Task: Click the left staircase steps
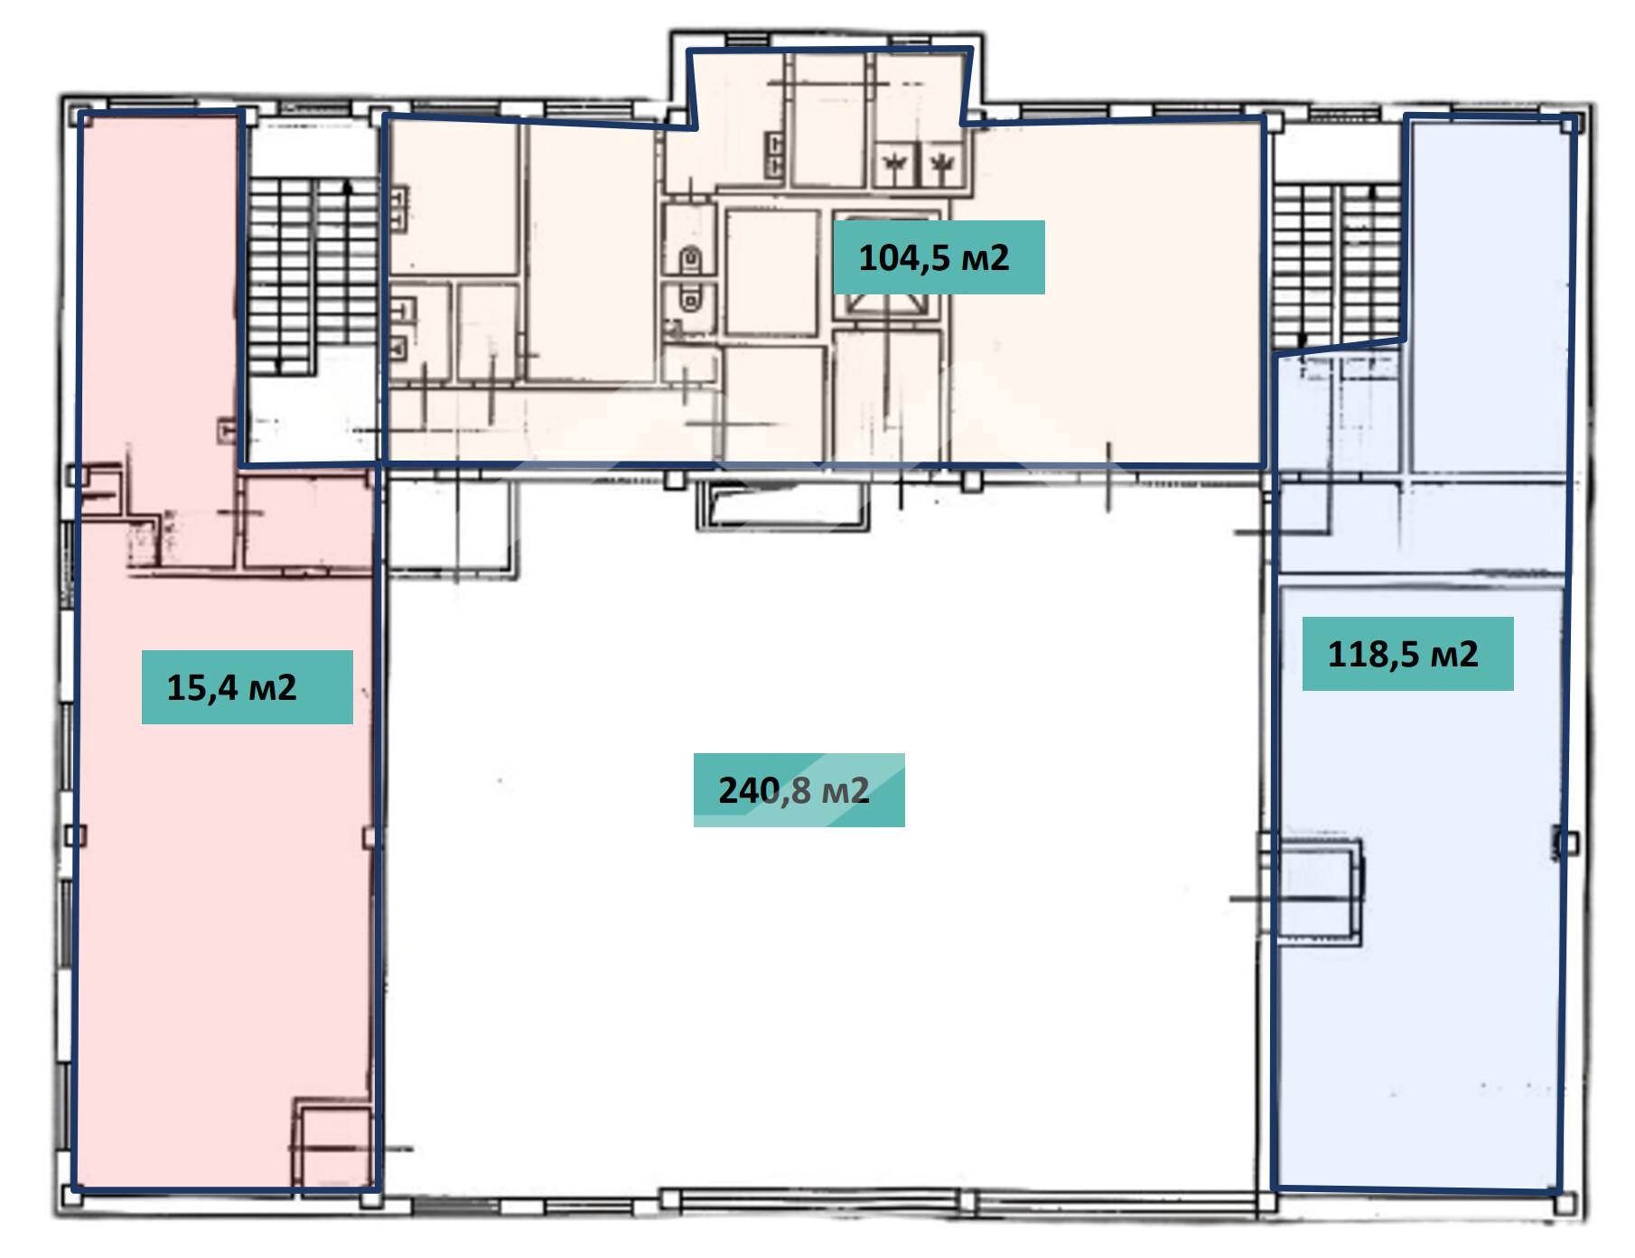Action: [313, 275]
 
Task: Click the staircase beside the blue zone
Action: [1337, 266]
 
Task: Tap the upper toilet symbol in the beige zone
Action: [691, 259]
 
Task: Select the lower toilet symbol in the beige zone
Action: [691, 297]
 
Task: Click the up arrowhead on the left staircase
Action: [349, 186]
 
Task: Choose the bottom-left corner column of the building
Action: [72, 1197]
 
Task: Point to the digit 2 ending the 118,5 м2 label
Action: [1468, 654]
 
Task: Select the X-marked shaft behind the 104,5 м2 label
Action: [886, 267]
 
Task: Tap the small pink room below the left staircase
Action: [308, 524]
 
